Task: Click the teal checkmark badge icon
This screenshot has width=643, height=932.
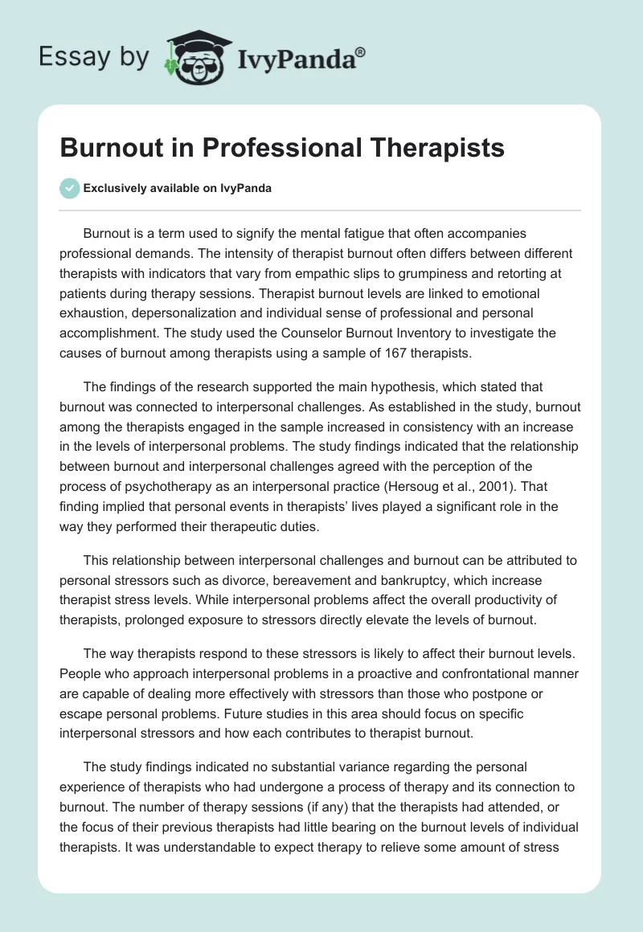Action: (x=69, y=188)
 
